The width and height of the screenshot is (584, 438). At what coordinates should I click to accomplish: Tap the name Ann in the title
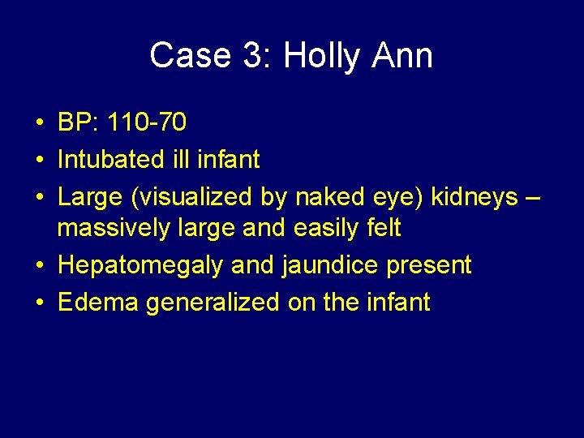pyautogui.click(x=403, y=56)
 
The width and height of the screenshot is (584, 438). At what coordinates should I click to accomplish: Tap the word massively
pyautogui.click(x=110, y=229)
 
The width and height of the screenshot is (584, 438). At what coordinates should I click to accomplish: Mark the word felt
pyautogui.click(x=384, y=229)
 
